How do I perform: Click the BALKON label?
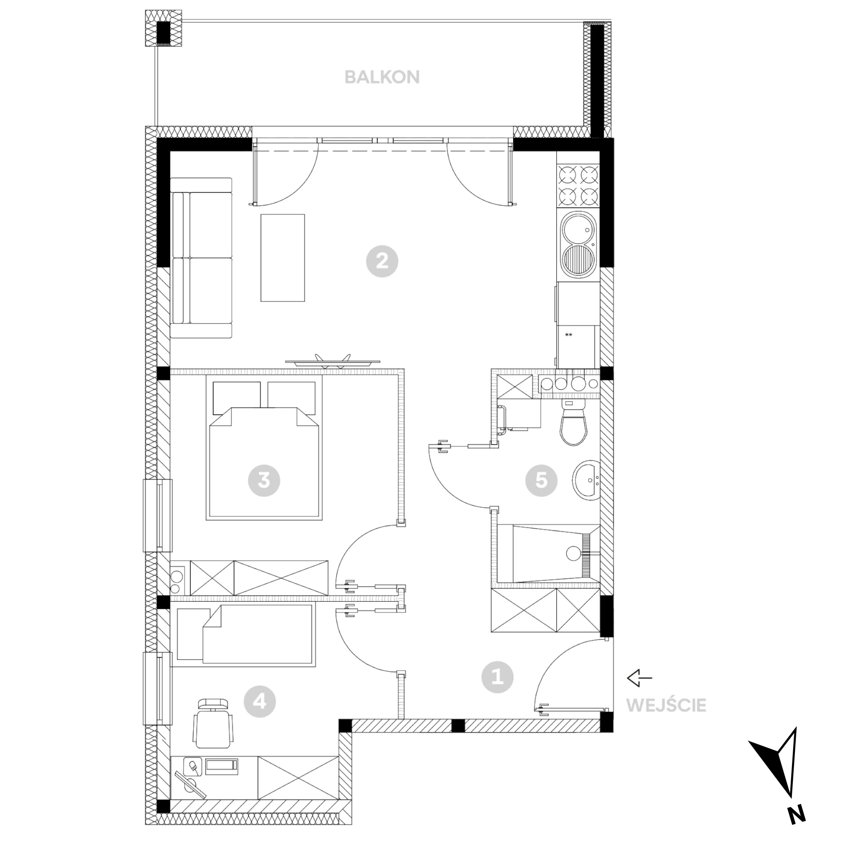(382, 78)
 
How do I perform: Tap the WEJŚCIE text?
(666, 705)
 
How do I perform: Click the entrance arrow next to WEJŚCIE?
(639, 678)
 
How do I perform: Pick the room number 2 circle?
(382, 261)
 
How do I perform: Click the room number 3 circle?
(264, 480)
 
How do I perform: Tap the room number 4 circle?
(259, 701)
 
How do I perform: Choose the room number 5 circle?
(541, 480)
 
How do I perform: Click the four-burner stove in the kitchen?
(578, 186)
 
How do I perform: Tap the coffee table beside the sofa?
(282, 258)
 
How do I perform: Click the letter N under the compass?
(797, 827)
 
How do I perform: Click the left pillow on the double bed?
(236, 398)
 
